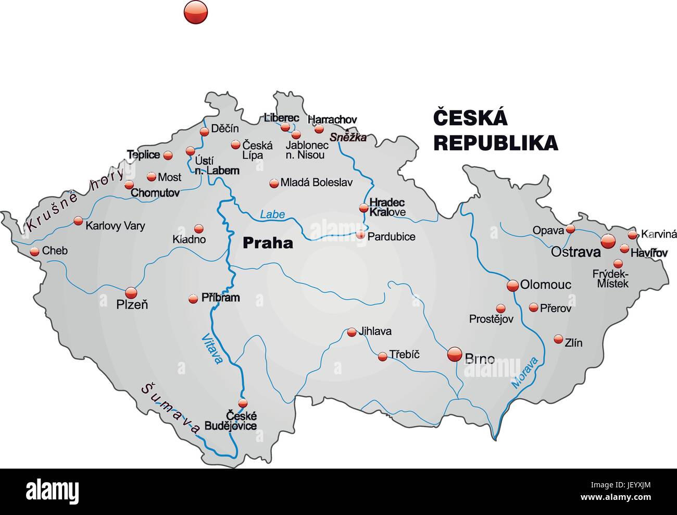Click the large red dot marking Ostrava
coord(608,241)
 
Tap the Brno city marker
coord(455,355)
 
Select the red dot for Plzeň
coord(131,292)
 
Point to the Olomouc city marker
coord(512,285)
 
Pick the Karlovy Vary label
coord(115,226)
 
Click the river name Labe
coord(272,214)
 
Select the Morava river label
coord(524,373)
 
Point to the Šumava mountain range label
coord(170,409)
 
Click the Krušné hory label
coord(76,200)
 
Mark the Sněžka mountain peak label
coord(348,138)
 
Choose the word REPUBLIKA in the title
coord(495,142)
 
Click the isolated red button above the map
coord(196,11)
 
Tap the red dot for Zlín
coord(558,338)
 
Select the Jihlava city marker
coord(352,332)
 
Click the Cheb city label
coord(55,251)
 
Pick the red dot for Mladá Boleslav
coord(274,183)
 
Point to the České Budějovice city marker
coord(243,403)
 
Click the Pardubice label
coord(391,237)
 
